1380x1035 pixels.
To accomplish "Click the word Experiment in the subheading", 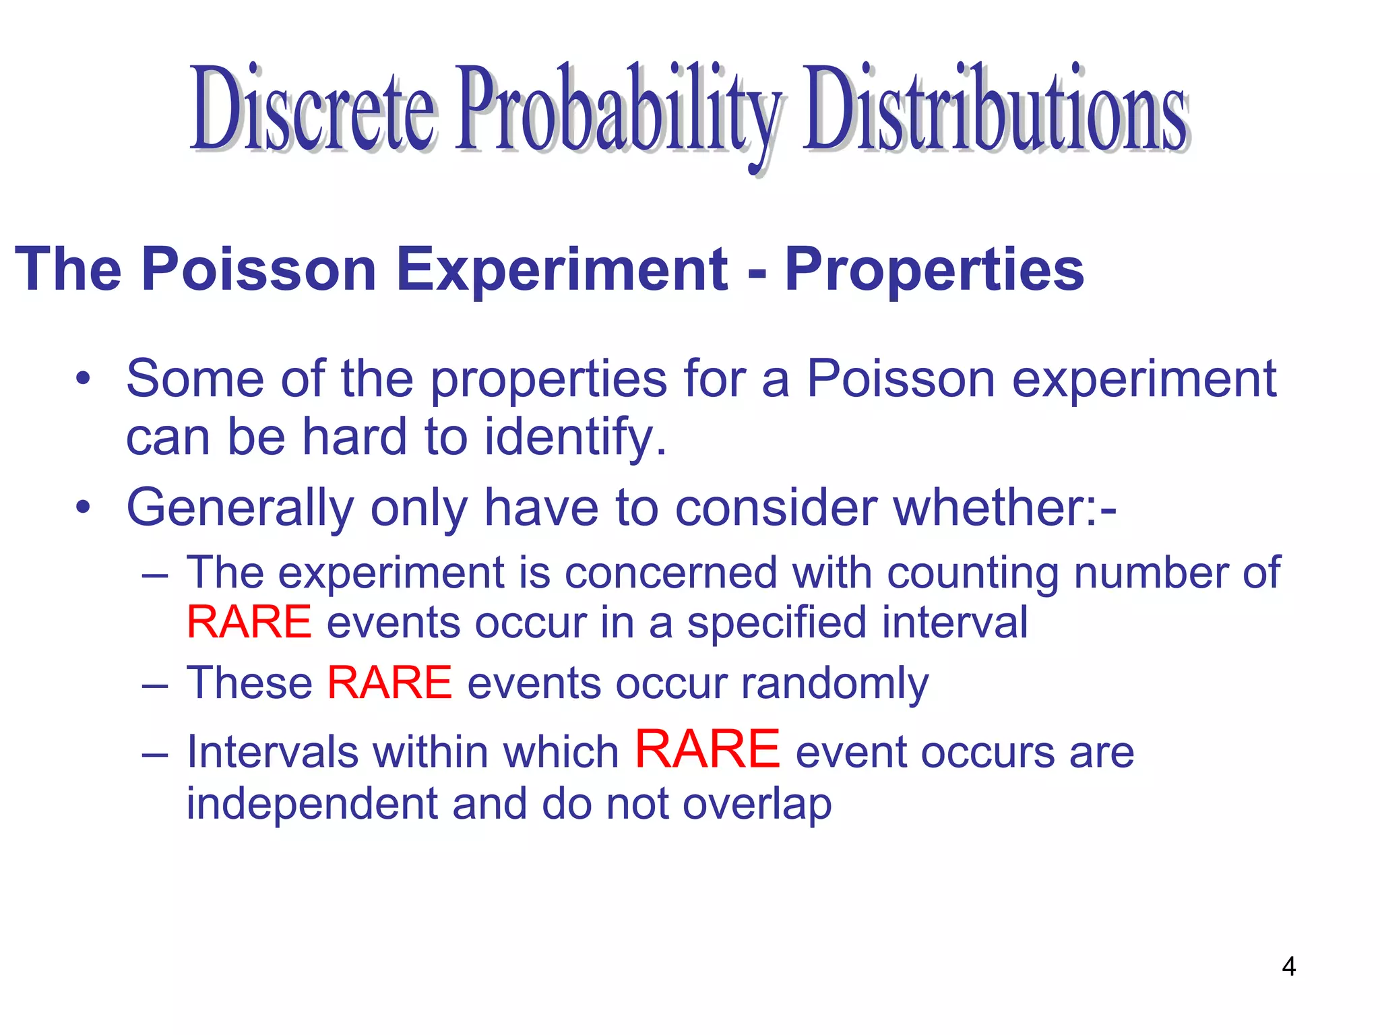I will point(563,269).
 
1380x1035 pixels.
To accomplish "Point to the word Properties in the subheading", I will point(935,269).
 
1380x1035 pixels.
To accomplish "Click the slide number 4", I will point(1288,966).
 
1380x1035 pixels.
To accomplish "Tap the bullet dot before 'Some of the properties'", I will point(82,379).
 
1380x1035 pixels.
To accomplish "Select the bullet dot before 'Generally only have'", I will point(82,508).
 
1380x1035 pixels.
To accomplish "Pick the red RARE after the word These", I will point(389,682).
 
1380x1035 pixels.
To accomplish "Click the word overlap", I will point(757,803).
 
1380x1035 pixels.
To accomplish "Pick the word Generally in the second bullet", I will point(240,508).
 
